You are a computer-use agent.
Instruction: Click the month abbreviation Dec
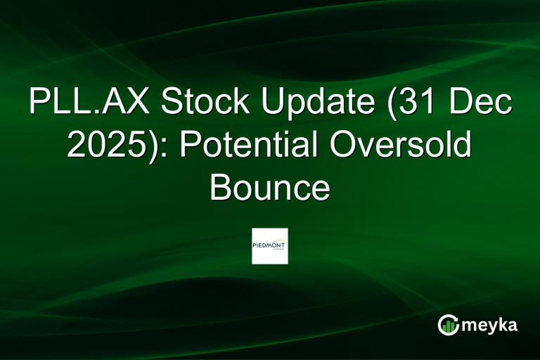click(x=482, y=103)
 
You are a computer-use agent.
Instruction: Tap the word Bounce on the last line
click(x=269, y=188)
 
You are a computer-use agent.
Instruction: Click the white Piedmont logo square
click(x=269, y=246)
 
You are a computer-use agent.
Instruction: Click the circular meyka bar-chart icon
click(x=449, y=324)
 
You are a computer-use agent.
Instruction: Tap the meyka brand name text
click(x=489, y=325)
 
